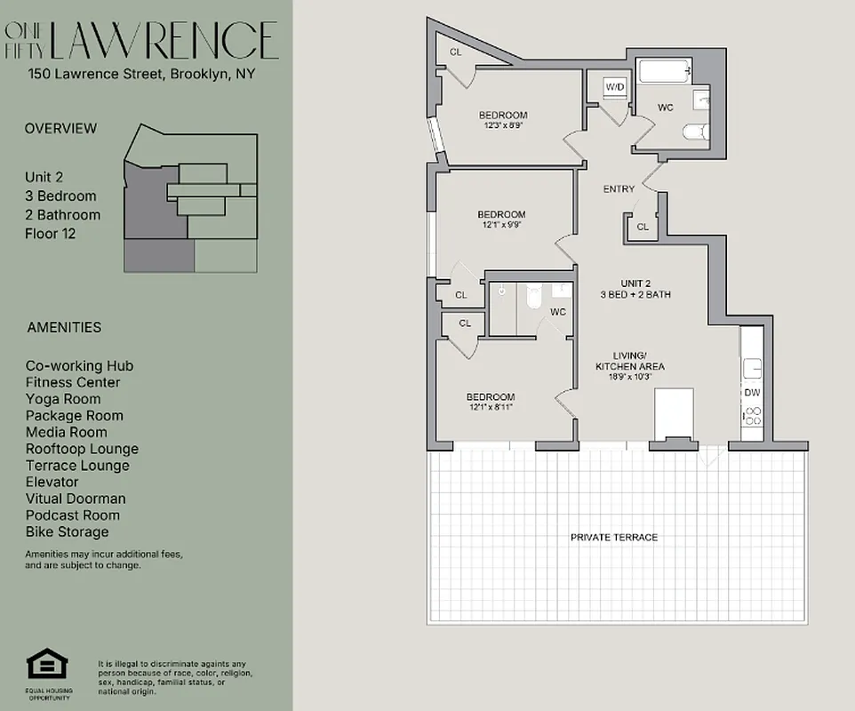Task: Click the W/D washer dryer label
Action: click(614, 87)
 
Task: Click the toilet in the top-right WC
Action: click(693, 132)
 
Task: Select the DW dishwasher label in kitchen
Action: click(752, 392)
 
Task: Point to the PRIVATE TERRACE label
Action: click(614, 538)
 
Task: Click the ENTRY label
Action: click(619, 188)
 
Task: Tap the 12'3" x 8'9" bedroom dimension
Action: click(502, 126)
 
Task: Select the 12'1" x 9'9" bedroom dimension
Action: click(501, 226)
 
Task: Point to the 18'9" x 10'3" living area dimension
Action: click(629, 377)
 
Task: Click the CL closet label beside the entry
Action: click(643, 227)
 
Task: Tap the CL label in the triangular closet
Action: click(456, 52)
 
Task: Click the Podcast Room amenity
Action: click(73, 515)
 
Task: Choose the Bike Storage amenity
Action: click(68, 531)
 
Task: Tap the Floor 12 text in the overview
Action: click(50, 234)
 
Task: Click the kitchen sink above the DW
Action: click(751, 365)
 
